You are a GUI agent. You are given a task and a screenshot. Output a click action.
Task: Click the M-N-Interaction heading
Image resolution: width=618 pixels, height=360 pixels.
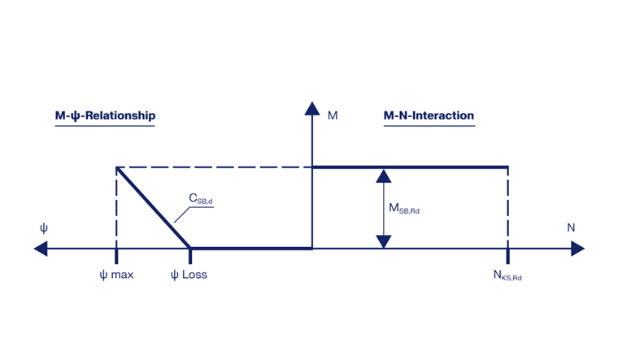pyautogui.click(x=429, y=115)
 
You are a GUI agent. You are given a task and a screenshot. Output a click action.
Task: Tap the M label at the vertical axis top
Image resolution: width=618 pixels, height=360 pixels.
pyautogui.click(x=333, y=115)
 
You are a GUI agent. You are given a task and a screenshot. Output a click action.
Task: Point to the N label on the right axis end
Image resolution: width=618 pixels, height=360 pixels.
pyautogui.click(x=571, y=228)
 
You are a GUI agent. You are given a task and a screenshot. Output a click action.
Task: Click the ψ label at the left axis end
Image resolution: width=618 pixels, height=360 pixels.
pyautogui.click(x=44, y=228)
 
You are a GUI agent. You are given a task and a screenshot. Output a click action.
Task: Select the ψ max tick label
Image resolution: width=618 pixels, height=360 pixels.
pyautogui.click(x=116, y=275)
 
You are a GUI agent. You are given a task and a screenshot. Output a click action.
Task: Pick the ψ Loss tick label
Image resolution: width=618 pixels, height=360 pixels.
pyautogui.click(x=189, y=275)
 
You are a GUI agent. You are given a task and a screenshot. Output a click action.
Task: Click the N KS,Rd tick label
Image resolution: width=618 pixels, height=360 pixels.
pyautogui.click(x=507, y=275)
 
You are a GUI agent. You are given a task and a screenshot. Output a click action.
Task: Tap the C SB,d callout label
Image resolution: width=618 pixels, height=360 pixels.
pyautogui.click(x=201, y=199)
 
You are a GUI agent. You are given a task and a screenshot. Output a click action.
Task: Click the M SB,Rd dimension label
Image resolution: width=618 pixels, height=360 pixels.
pyautogui.click(x=404, y=209)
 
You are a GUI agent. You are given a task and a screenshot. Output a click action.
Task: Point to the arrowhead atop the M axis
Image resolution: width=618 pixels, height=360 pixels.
pyautogui.click(x=311, y=107)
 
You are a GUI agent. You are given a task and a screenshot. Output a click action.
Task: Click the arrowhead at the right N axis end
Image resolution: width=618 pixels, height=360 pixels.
pyautogui.click(x=577, y=248)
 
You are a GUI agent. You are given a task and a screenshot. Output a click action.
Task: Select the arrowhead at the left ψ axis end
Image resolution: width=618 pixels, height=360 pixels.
pyautogui.click(x=41, y=248)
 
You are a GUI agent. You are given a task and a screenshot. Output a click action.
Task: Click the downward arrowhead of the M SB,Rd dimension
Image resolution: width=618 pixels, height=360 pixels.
pyautogui.click(x=383, y=241)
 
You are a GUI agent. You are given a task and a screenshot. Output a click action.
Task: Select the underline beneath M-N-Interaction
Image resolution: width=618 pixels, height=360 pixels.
pyautogui.click(x=429, y=125)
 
